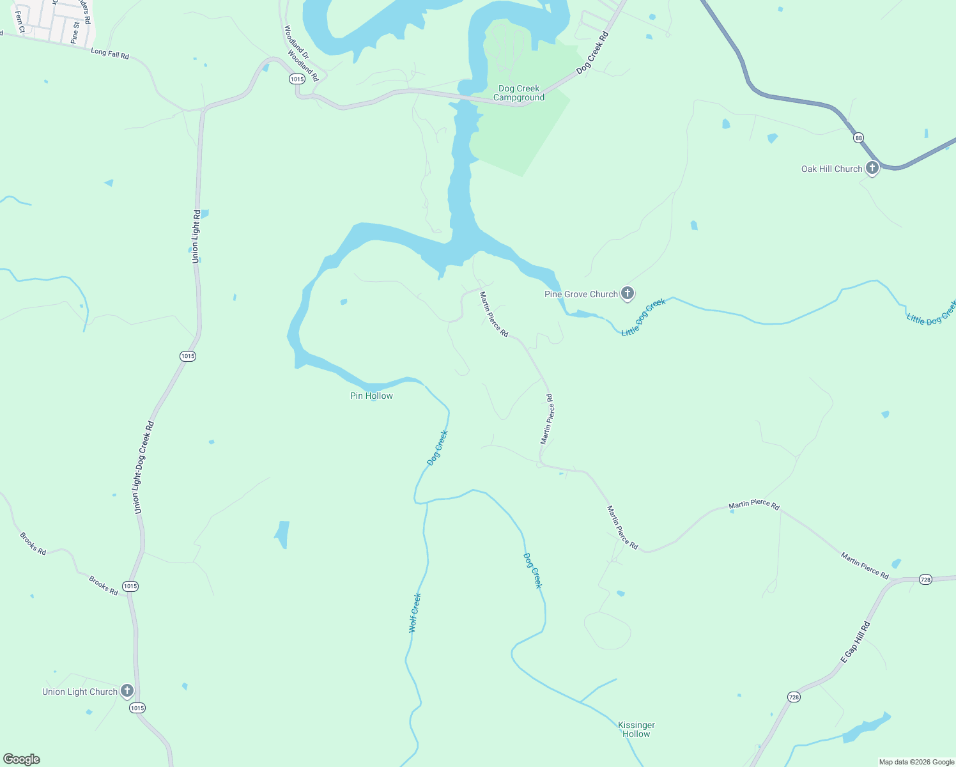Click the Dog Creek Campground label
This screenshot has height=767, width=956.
519,93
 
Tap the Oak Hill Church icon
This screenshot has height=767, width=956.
872,168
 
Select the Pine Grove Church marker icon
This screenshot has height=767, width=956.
628,293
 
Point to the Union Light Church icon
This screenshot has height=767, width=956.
127,691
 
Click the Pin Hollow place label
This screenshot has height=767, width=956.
371,396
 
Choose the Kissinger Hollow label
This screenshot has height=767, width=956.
636,729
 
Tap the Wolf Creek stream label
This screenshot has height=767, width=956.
415,613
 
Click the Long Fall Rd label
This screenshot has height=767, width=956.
110,54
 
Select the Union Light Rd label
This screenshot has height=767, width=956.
196,236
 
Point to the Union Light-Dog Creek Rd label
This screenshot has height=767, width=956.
144,467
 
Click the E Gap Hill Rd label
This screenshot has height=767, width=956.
855,642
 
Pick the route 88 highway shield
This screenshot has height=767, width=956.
858,138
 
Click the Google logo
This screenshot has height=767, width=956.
22,759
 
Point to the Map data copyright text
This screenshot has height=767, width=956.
916,762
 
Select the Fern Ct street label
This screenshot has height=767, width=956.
20,22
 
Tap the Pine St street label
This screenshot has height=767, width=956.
75,33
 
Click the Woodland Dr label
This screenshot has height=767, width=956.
296,40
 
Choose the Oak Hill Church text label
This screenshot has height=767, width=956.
831,169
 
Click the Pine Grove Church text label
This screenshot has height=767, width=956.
581,294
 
